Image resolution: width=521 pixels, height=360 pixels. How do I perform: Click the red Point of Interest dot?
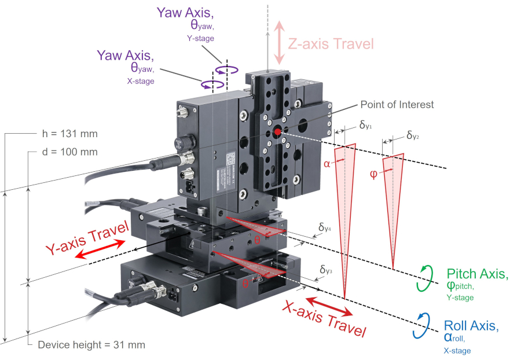tap(278, 133)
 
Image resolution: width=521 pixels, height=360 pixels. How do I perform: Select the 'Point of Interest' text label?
tap(397, 105)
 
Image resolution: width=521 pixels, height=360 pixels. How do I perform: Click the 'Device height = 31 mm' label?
tap(91, 345)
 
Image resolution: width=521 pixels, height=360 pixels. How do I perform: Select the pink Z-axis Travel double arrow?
tap(280, 43)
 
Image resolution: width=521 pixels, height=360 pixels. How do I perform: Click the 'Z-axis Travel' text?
tap(331, 43)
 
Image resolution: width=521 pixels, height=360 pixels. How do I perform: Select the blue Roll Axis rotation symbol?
tap(421, 326)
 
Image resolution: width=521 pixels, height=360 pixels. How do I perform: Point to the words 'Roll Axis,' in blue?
tap(471, 325)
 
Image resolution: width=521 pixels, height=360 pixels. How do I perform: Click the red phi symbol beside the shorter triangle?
tap(373, 174)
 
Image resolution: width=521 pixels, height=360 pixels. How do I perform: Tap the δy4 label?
tap(325, 227)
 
